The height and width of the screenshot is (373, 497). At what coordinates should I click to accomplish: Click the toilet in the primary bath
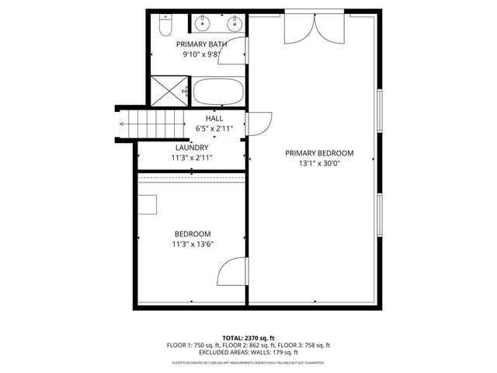(165, 26)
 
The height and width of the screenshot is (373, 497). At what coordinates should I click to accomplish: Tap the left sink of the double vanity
(200, 22)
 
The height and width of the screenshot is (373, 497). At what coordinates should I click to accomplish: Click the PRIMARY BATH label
(202, 44)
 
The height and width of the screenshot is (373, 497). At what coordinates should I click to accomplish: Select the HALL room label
(214, 118)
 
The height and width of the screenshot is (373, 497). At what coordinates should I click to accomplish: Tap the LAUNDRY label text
(192, 147)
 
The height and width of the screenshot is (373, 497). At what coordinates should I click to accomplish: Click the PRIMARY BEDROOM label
(319, 153)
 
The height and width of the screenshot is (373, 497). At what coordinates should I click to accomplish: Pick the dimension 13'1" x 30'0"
(319, 164)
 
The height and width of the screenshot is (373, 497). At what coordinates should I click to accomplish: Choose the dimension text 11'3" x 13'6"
(192, 244)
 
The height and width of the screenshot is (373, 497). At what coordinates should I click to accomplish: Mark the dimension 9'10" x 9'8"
(202, 55)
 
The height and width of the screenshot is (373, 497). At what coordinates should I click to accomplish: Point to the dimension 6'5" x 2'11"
(214, 128)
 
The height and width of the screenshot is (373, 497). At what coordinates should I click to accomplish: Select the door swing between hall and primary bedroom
(259, 124)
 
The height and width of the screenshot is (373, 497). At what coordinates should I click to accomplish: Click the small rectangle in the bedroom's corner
(148, 204)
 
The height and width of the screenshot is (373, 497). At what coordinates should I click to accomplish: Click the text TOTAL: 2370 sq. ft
(248, 338)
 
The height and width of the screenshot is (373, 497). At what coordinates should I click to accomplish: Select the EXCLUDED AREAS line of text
(248, 352)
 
